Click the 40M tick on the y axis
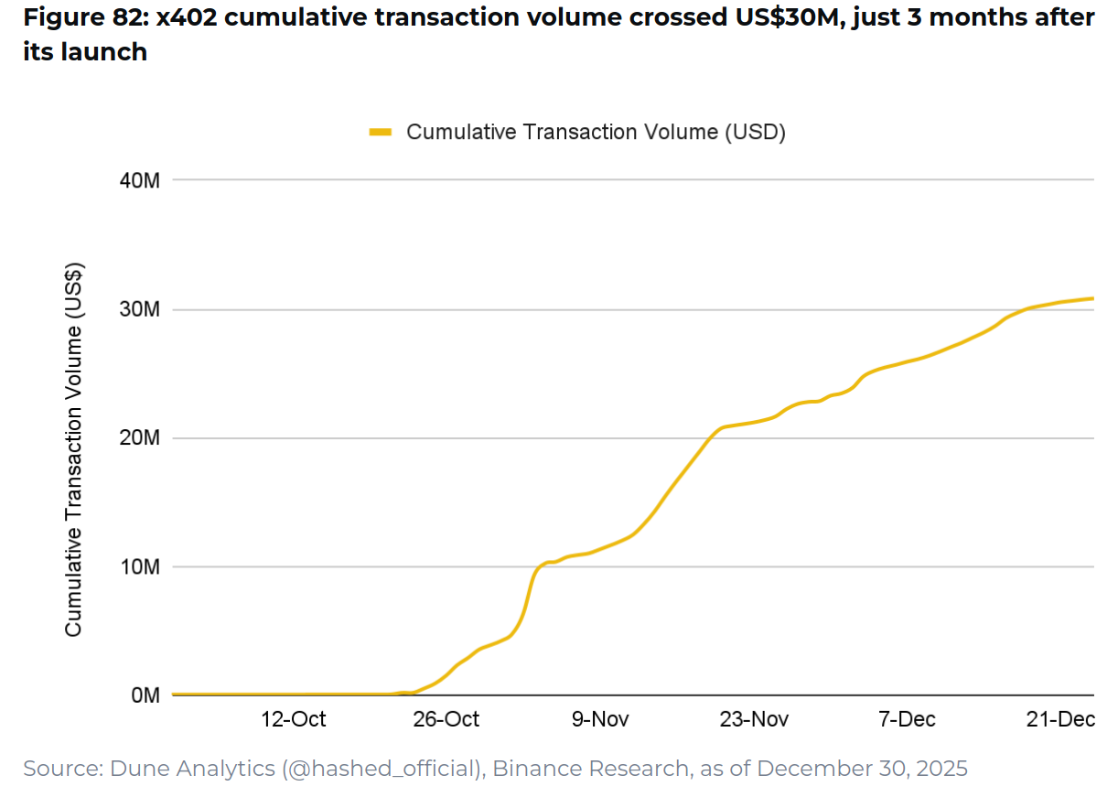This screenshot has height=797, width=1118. click(x=140, y=180)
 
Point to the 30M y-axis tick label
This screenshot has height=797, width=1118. click(x=140, y=309)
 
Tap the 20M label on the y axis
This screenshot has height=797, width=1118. click(x=140, y=438)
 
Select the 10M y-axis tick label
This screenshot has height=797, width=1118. click(x=140, y=567)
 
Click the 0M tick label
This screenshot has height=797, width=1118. click(x=145, y=695)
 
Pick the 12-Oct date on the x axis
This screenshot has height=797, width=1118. click(x=293, y=719)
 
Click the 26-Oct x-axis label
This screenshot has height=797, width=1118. click(x=446, y=719)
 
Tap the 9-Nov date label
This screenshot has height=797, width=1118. click(x=601, y=719)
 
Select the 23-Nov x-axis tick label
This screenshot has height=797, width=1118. click(x=754, y=719)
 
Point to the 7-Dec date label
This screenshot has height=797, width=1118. click(x=907, y=719)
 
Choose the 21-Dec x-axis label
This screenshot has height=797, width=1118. click(x=1061, y=719)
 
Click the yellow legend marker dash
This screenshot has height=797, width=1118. click(x=380, y=133)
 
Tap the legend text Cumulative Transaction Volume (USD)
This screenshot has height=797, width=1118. click(x=597, y=133)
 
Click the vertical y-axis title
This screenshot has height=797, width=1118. click(x=74, y=450)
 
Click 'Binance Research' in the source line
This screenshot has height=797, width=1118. click(x=591, y=769)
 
